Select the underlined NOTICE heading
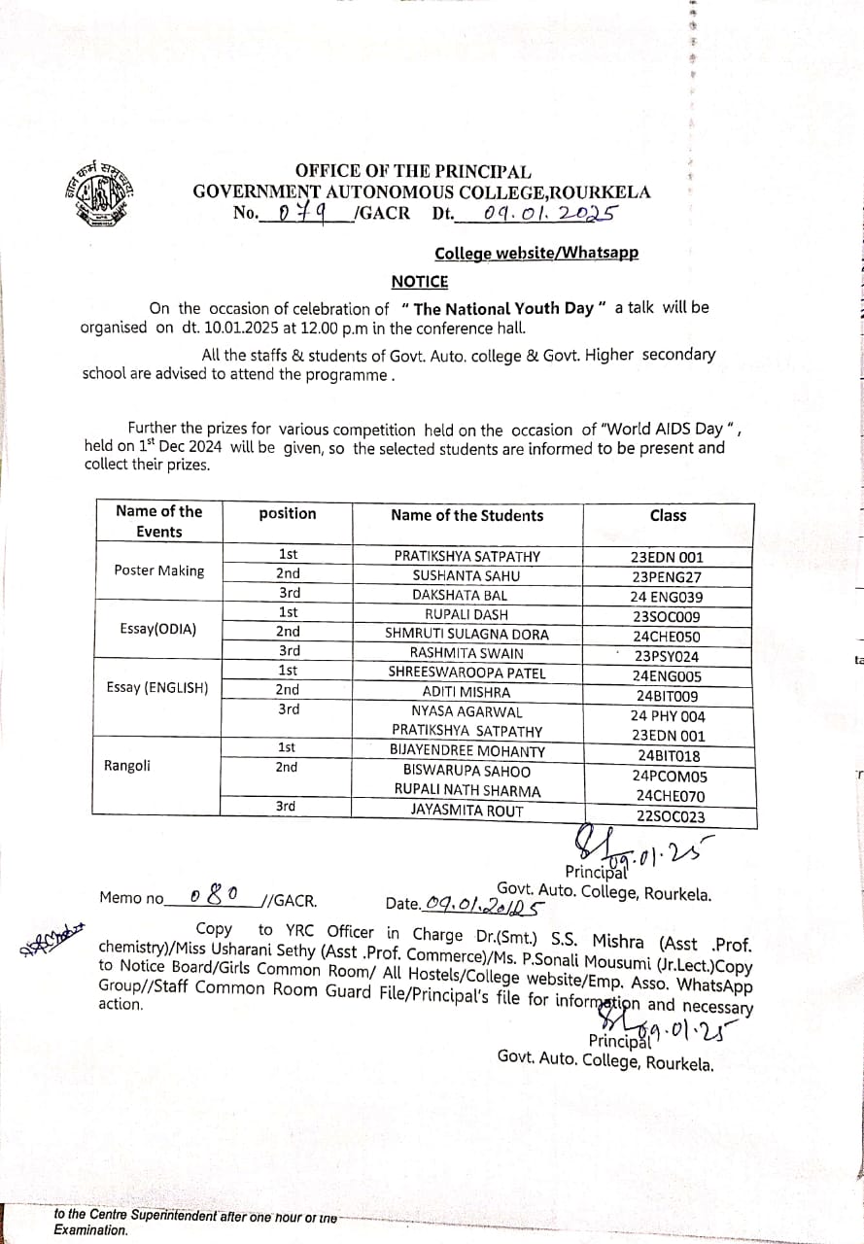[x=420, y=282]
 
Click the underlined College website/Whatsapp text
[x=536, y=254]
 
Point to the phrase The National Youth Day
[x=503, y=308]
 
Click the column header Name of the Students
[x=467, y=515]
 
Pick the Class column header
[x=668, y=515]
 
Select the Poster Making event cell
[x=158, y=570]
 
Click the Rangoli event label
[x=127, y=766]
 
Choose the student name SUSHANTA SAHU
[x=467, y=575]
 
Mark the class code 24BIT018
[x=669, y=756]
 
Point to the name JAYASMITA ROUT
[x=467, y=811]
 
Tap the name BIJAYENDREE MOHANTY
[x=467, y=751]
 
